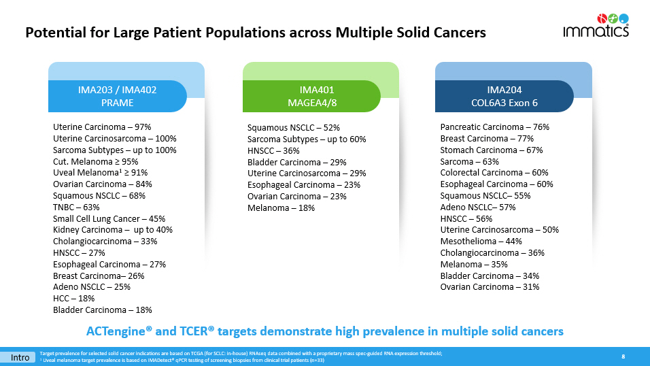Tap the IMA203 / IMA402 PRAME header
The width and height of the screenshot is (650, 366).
point(117,96)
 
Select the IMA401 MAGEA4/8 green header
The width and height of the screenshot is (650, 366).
point(312,96)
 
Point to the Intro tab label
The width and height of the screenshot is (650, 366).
point(19,357)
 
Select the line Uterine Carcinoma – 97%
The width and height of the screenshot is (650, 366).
point(102,127)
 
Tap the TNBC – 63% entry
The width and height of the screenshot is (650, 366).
point(76,207)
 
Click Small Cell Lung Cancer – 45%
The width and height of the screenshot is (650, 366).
point(109,219)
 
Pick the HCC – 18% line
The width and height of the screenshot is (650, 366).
point(73,299)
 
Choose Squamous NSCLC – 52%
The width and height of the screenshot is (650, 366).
point(294,127)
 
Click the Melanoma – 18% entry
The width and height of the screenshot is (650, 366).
point(281,207)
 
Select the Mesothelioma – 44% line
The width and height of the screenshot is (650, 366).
point(481,242)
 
